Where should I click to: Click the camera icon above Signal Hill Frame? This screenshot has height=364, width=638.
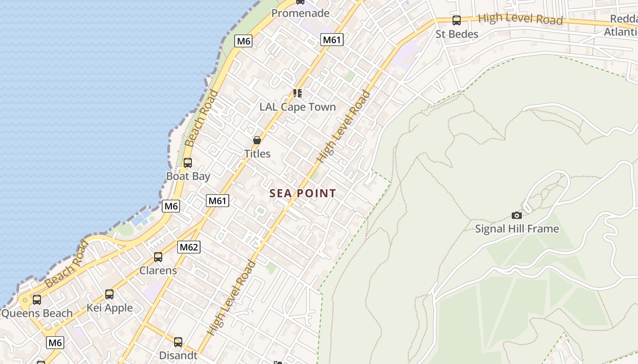click(516, 215)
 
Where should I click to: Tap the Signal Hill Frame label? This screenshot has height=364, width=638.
click(517, 228)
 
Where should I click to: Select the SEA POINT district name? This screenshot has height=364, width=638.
click(303, 193)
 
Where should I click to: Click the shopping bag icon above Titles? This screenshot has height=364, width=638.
click(257, 140)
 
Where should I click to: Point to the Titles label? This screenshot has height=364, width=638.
click(257, 154)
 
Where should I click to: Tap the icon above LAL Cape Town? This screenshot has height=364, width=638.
click(298, 93)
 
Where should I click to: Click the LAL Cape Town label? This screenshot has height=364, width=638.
click(298, 107)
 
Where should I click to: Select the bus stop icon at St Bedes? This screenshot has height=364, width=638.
click(456, 20)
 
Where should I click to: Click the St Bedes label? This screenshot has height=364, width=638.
click(457, 34)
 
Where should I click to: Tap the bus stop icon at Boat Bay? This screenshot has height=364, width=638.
click(187, 163)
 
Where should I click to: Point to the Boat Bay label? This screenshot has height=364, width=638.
click(188, 176)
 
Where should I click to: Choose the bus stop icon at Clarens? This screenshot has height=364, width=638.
click(158, 257)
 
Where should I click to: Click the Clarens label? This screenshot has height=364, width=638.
click(158, 270)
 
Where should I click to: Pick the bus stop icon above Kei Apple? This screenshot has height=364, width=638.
click(109, 294)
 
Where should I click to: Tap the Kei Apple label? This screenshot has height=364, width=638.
click(110, 308)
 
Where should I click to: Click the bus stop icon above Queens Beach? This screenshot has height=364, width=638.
click(37, 300)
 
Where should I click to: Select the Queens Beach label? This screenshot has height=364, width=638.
click(37, 313)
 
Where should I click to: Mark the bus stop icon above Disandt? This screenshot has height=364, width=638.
click(178, 342)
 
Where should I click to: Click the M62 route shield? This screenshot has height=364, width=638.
click(189, 247)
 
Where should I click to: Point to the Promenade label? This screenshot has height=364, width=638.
click(300, 13)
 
